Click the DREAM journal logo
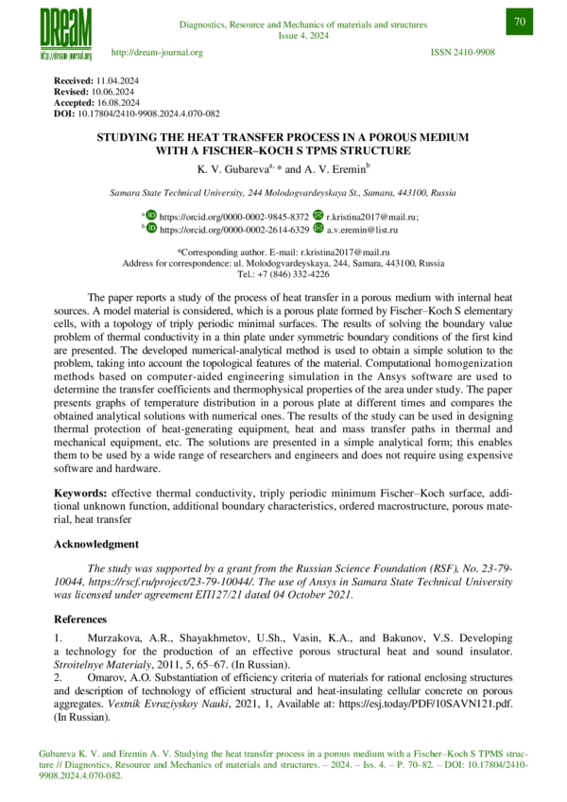click(x=65, y=32)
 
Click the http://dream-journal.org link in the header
click(x=157, y=52)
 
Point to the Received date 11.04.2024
click(x=117, y=83)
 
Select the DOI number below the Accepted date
click(x=152, y=112)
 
